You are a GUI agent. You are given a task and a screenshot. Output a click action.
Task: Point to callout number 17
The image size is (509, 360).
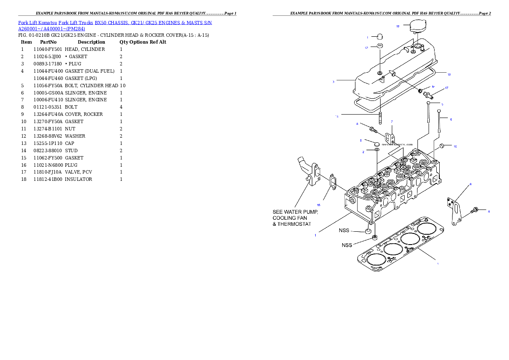point(447,88)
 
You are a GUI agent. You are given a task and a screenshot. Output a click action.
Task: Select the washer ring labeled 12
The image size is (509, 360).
point(380,46)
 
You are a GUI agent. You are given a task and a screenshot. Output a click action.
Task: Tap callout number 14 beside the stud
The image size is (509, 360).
point(337,116)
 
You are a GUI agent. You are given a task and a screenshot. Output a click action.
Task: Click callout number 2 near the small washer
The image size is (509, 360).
point(363,151)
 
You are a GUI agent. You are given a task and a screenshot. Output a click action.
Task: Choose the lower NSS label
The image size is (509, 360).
point(347,245)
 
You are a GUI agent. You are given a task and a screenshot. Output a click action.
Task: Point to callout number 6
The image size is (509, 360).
point(471,184)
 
